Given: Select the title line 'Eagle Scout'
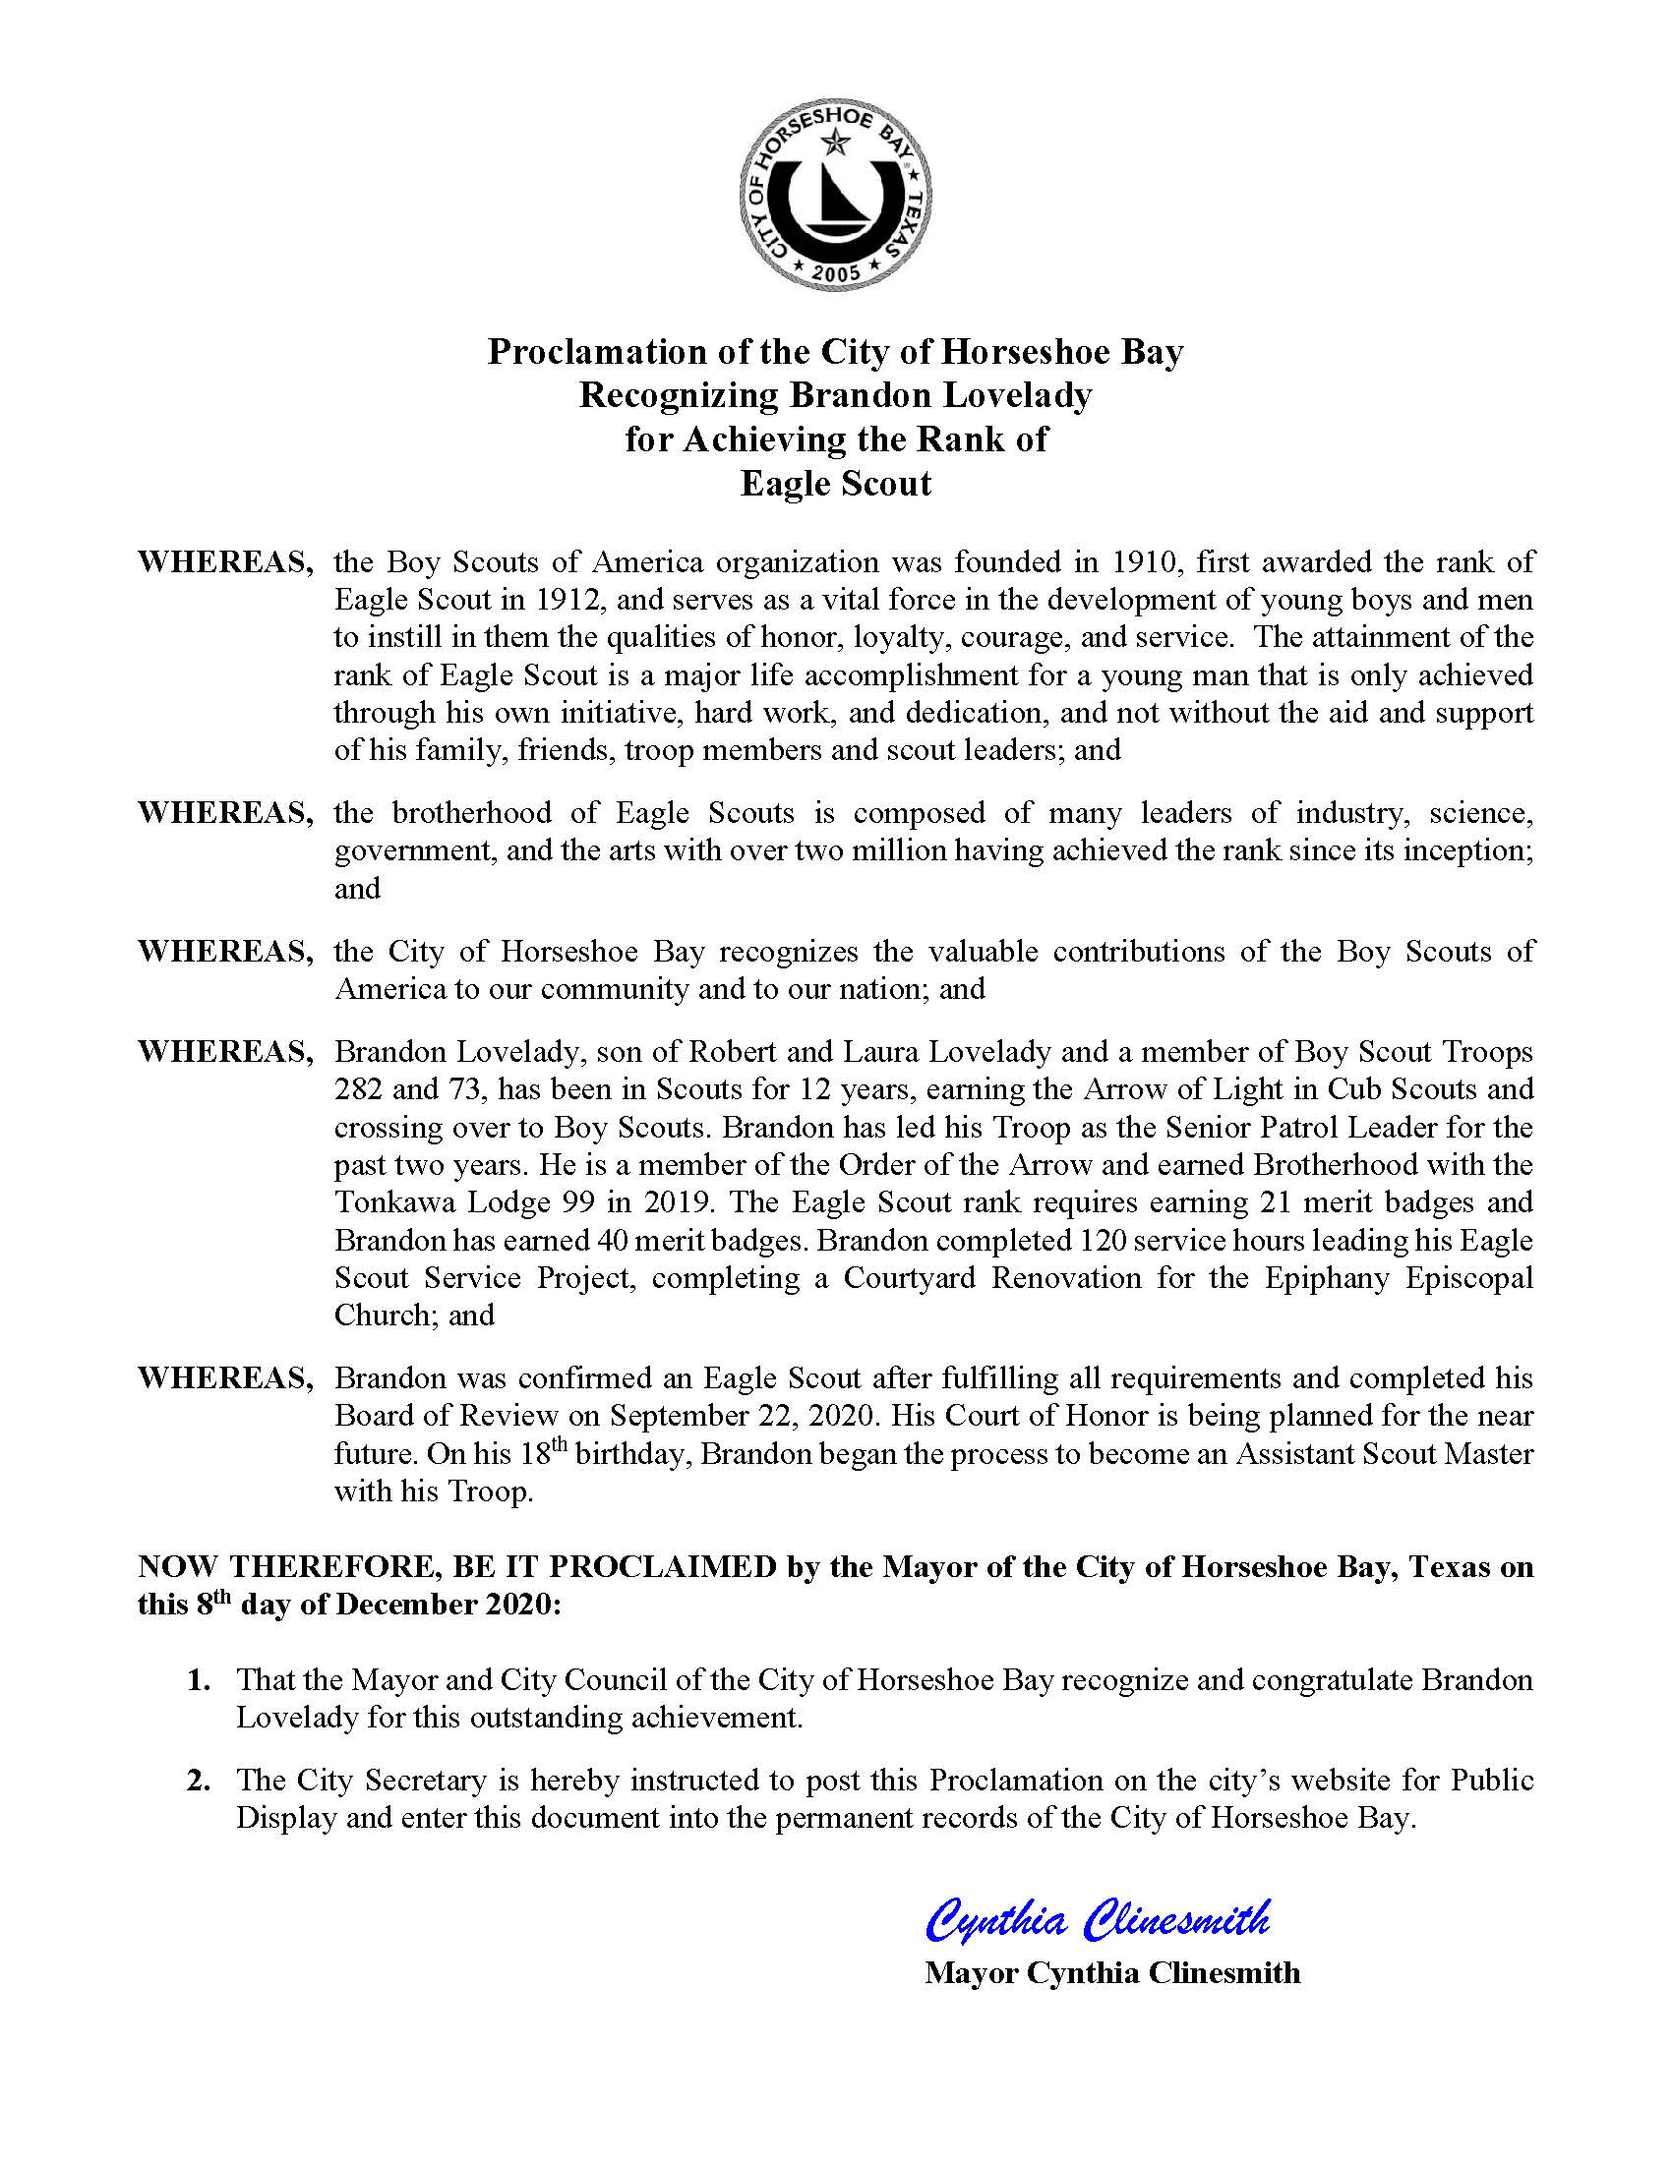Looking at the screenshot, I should point(835,484).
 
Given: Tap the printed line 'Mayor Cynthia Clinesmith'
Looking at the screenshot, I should point(1111,1973).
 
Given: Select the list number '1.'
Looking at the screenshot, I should point(200,1680).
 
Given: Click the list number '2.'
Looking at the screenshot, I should point(200,1781).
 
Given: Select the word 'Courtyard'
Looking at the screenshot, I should point(911,1277).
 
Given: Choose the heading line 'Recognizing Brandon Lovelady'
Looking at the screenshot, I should point(835,395).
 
